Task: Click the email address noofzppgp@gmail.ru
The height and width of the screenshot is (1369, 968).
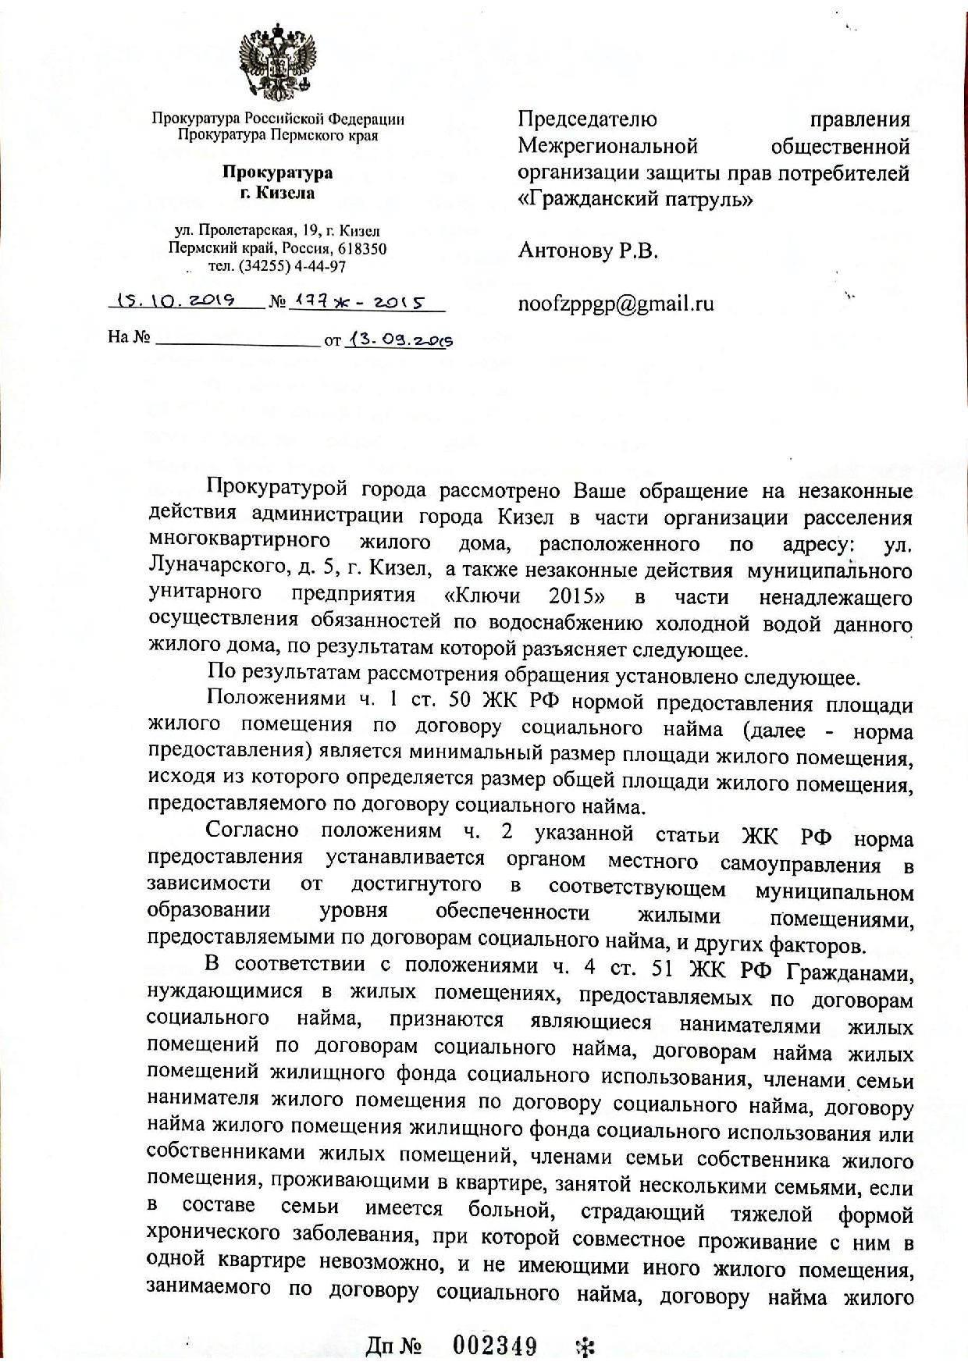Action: coord(616,304)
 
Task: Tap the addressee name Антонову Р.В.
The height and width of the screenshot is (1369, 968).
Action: coord(588,251)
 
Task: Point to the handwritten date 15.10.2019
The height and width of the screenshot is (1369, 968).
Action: coord(176,301)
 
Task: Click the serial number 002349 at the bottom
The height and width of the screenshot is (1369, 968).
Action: coord(496,1346)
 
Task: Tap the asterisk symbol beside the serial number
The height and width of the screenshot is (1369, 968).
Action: coord(584,1346)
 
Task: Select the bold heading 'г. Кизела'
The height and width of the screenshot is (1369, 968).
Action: coord(278,192)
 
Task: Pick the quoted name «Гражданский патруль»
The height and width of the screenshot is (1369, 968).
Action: coord(635,199)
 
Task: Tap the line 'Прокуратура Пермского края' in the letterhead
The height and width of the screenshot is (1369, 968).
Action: coord(278,135)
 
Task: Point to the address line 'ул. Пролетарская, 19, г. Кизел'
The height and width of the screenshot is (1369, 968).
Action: coord(278,231)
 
